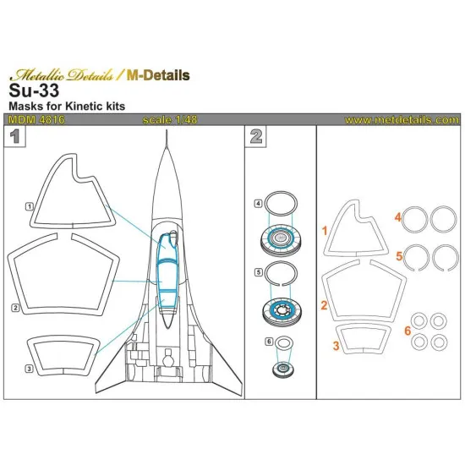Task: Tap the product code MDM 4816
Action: click(32, 120)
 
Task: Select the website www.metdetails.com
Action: click(402, 120)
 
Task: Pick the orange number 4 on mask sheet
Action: click(396, 217)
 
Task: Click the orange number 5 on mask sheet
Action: click(396, 254)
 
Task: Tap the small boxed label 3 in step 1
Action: click(29, 368)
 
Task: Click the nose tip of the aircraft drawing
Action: click(166, 141)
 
